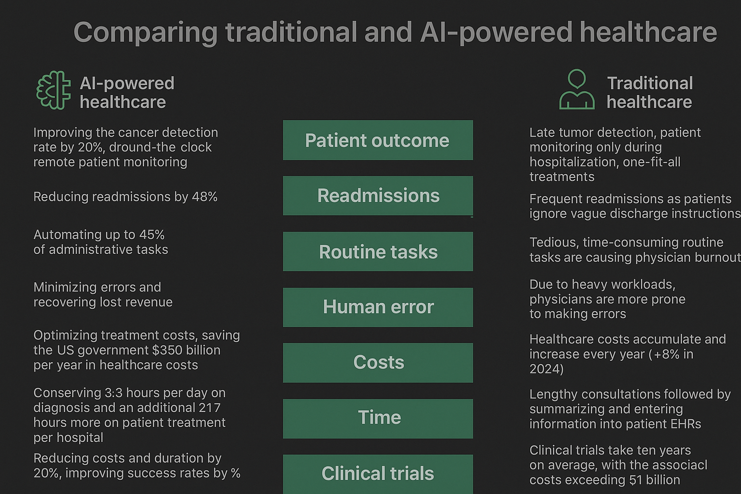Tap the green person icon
click(576, 90)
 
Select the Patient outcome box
click(378, 140)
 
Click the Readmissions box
click(378, 196)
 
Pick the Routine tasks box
click(378, 252)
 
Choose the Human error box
click(378, 307)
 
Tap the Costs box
click(378, 363)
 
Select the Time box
click(378, 418)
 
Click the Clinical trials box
click(378, 474)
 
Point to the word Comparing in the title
click(145, 33)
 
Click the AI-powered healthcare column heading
click(126, 93)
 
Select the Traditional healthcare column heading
click(649, 93)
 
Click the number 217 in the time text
click(209, 408)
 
